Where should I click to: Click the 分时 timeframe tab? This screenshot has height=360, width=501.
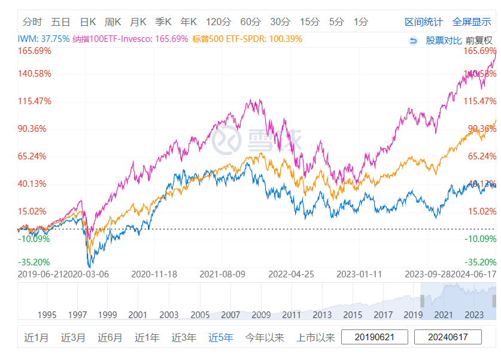coord(32,22)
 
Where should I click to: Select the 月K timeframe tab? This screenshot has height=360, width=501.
coord(138,22)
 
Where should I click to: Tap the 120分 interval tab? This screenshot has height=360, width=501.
coord(218,22)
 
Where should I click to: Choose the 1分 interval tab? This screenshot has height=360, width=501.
coord(360,22)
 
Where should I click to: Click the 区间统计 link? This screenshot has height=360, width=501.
coord(424,22)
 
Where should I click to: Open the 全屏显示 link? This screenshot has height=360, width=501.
coord(472,22)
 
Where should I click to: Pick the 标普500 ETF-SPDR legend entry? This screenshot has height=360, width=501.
coord(248,40)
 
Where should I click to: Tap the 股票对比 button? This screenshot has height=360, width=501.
coord(444,41)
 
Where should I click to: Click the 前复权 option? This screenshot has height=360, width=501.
coord(479,41)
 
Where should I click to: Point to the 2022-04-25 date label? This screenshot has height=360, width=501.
coord(291,274)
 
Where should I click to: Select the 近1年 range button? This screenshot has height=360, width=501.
coord(147,337)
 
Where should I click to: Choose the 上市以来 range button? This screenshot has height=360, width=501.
coord(315,337)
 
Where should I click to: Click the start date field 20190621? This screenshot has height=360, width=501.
coord(375,337)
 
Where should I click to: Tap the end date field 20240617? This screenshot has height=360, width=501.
coord(447,337)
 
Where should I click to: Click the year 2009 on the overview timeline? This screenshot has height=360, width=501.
coord(261,314)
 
